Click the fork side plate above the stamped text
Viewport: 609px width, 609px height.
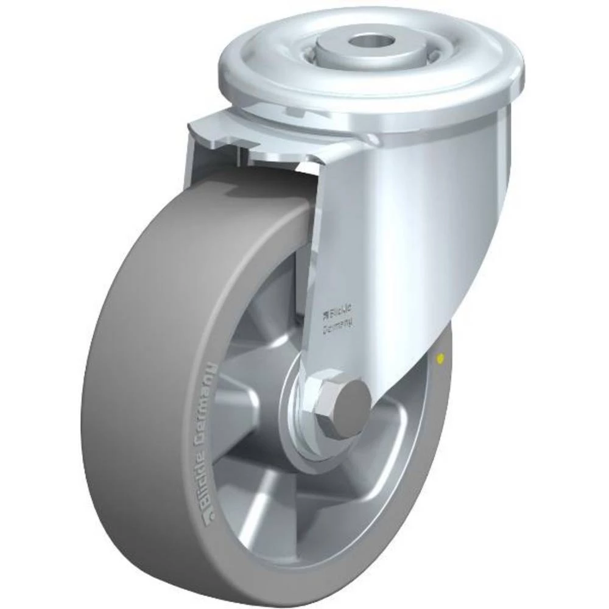[396, 213]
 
